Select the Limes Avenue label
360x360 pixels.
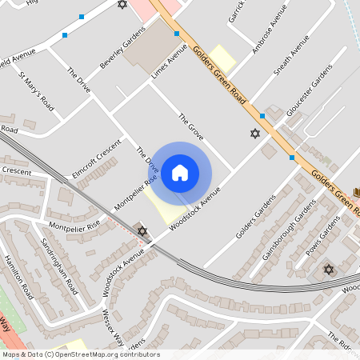point(170,62)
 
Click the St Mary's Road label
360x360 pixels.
point(37,94)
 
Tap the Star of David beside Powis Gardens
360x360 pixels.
point(328,269)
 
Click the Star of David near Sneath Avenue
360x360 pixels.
point(255,133)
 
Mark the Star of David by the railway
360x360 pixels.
point(142,231)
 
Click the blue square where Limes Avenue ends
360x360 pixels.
point(176,34)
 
